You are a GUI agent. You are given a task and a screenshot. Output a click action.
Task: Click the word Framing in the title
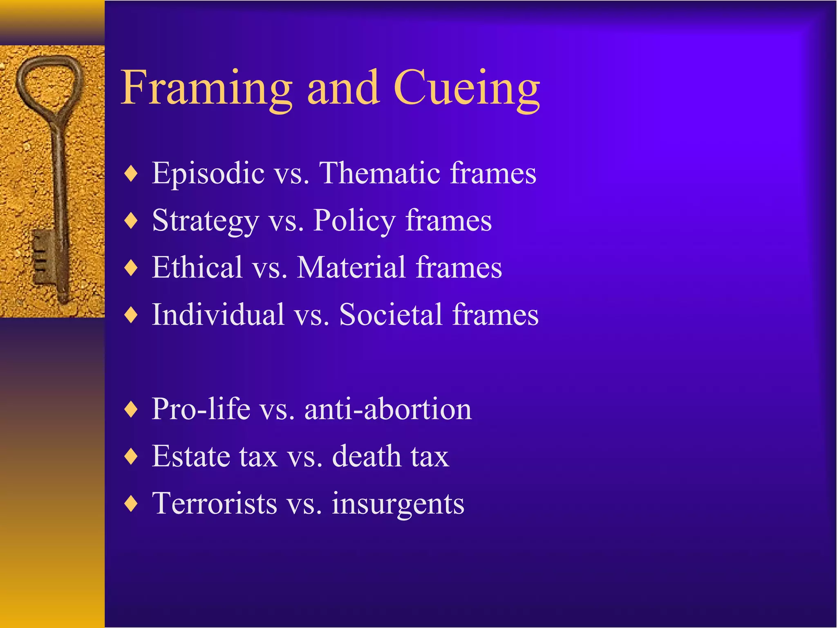(206, 88)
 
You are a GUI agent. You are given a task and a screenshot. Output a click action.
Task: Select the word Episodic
(208, 173)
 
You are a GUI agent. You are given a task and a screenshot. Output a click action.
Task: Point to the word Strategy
(205, 221)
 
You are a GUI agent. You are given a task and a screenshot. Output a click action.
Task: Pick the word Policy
(354, 221)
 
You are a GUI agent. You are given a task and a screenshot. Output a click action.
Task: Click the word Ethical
(197, 267)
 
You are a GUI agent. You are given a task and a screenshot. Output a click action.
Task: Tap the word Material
(351, 267)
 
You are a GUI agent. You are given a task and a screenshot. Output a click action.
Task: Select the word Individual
(218, 315)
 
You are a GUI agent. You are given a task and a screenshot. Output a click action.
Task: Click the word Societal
(390, 315)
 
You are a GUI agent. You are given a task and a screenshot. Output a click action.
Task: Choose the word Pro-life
(201, 409)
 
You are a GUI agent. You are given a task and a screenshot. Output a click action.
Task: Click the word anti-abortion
(388, 409)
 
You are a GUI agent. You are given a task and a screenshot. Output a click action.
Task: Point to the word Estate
(191, 456)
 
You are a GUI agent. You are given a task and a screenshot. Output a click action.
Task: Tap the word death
(367, 456)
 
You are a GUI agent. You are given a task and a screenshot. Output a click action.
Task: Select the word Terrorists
(215, 504)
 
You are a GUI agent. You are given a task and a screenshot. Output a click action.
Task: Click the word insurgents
(398, 504)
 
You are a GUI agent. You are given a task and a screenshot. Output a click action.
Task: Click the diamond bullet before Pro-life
(131, 409)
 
